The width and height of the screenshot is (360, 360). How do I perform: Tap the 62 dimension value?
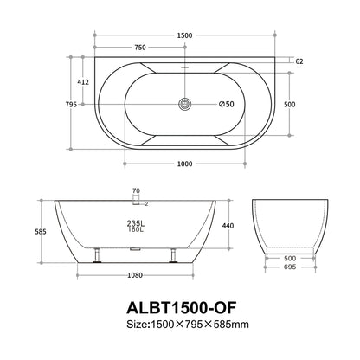(x=300, y=62)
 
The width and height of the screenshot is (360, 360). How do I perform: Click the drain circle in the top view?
(x=183, y=104)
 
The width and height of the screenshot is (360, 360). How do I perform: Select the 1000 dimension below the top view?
(x=181, y=164)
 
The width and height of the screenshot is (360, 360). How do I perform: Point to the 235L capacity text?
(x=134, y=222)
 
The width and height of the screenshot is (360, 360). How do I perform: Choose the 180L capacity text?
(x=134, y=230)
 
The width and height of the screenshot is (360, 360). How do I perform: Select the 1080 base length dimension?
(x=134, y=276)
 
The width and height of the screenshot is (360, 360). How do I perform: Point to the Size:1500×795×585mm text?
(x=180, y=325)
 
